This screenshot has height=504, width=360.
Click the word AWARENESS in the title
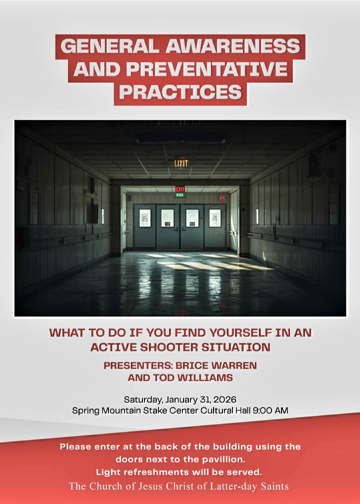(232, 46)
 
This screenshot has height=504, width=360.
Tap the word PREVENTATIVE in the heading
(206, 69)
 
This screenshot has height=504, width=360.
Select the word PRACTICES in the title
(180, 92)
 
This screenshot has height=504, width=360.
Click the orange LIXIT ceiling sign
(181, 163)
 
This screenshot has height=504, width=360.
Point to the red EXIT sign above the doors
(180, 189)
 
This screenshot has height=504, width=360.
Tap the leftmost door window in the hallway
(145, 218)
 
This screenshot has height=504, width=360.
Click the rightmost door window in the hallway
(214, 218)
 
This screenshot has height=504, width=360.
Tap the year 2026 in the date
(224, 399)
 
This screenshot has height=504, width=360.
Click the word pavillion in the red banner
(223, 459)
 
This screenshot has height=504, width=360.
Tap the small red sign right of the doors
(222, 198)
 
